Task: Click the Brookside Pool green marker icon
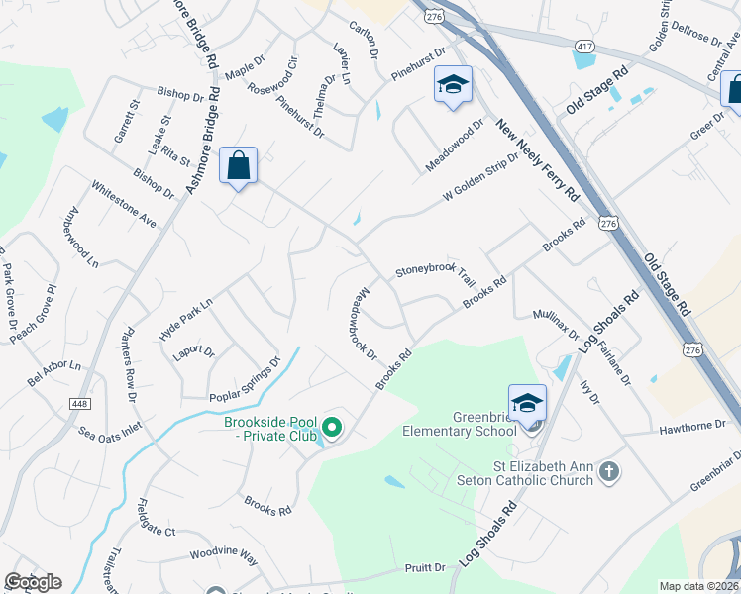coord(333,428)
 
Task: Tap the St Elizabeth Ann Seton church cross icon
coord(609,472)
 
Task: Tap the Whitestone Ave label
coord(124,203)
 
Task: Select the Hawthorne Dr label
coord(693,424)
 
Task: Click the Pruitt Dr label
coord(425,567)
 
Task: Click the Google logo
coord(33,582)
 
